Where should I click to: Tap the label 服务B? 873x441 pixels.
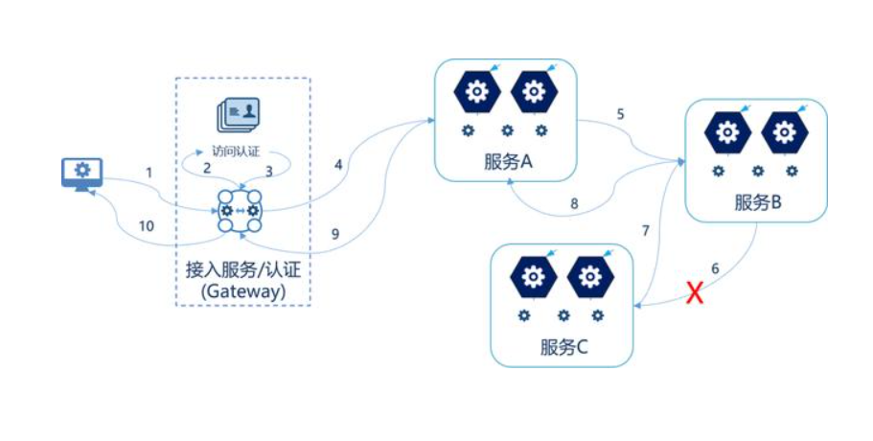[758, 202]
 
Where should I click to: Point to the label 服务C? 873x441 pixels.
[563, 346]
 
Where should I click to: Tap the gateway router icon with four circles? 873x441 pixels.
[240, 210]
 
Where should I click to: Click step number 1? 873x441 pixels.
[149, 172]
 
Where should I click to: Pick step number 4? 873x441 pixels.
[338, 165]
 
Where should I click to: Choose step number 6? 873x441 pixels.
[715, 267]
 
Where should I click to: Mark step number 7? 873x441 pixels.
[645, 230]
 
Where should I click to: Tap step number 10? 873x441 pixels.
[146, 226]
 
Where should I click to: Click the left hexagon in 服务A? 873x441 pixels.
[475, 93]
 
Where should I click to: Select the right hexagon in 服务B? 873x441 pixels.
[783, 132]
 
